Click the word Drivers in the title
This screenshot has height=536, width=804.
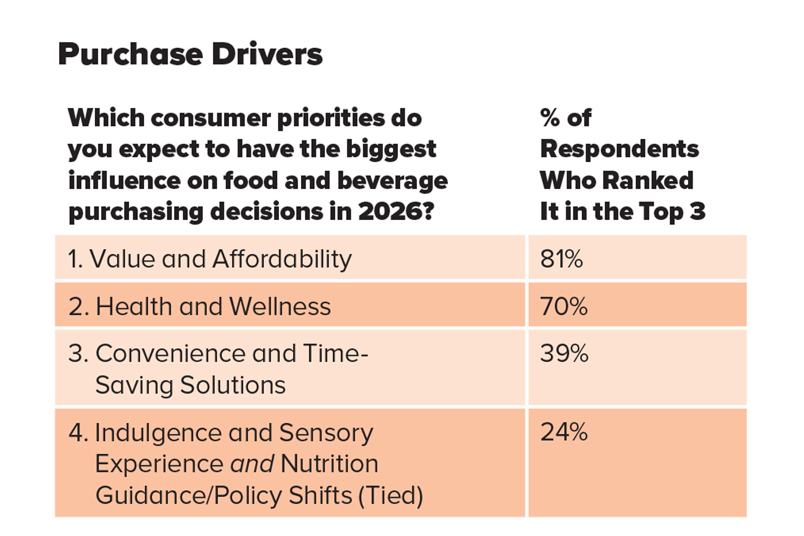tap(266, 55)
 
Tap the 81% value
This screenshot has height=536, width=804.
tap(561, 259)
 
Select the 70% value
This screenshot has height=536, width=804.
tap(563, 307)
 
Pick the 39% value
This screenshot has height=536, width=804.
tap(564, 353)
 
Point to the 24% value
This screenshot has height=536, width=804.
tap(563, 432)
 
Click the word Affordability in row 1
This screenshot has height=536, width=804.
tap(282, 259)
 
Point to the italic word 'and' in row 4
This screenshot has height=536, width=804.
tap(252, 464)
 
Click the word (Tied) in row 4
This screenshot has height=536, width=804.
tap(391, 495)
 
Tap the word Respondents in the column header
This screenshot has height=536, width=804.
tap(619, 149)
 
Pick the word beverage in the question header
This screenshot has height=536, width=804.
tap(392, 181)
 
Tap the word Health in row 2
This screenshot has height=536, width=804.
tap(133, 307)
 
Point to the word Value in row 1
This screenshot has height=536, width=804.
tap(122, 259)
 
